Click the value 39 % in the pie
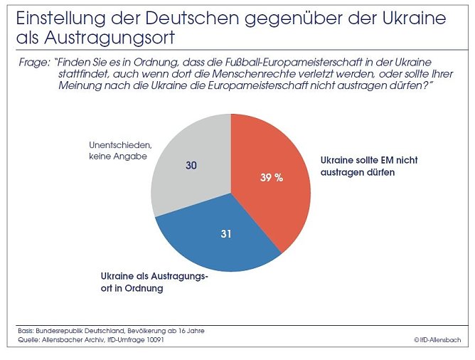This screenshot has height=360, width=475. [271, 178]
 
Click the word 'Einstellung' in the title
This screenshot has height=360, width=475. [53, 17]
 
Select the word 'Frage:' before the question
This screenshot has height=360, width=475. [33, 63]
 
